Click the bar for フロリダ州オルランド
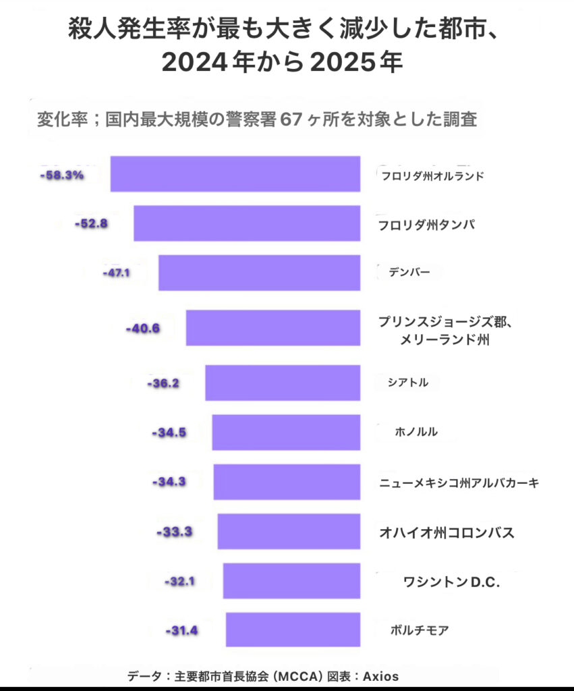[235, 174]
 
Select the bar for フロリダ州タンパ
[246, 223]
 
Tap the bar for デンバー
[259, 273]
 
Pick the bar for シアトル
[282, 383]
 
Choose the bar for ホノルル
[285, 433]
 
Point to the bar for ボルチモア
[293, 630]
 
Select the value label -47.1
[116, 273]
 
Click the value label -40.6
[142, 329]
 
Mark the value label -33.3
[175, 532]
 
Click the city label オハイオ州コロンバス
[447, 532]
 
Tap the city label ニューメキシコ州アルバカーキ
[459, 482]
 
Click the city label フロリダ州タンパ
[426, 224]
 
